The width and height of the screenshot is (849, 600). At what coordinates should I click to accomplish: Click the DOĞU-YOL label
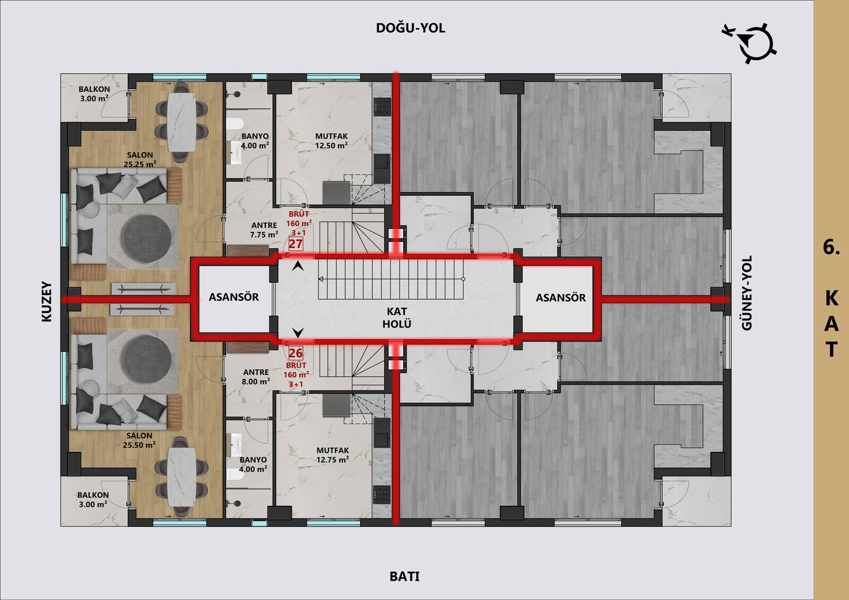point(411,28)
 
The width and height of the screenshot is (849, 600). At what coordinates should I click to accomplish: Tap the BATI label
point(404,577)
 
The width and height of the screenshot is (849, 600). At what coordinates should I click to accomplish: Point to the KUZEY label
point(46,301)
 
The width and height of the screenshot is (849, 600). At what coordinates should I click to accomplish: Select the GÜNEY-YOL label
point(747,293)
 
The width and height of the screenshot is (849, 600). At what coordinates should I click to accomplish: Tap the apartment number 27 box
point(296,244)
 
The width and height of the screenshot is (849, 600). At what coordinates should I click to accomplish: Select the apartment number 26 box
point(296,353)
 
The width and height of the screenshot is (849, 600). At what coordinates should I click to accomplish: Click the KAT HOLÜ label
point(397,318)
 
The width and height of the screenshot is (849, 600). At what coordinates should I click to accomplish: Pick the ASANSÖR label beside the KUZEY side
point(234,297)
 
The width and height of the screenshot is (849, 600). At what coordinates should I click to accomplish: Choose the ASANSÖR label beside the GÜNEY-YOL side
point(560,298)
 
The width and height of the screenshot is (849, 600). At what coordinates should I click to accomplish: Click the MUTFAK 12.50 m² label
point(331,141)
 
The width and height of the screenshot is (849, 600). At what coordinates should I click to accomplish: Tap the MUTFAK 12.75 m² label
point(332,455)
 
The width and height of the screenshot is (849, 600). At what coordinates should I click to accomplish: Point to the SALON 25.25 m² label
point(140,160)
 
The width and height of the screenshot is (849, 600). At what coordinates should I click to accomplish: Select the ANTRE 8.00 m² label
point(256,377)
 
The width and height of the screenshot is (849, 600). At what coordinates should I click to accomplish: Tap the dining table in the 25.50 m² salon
point(181,477)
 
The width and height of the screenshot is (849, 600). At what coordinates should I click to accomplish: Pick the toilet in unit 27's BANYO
point(235,124)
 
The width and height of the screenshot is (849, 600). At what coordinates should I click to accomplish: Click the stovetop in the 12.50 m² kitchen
point(382,107)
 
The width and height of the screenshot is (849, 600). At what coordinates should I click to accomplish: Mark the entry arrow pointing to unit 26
point(298,333)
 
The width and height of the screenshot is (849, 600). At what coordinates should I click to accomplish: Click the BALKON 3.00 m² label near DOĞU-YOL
point(94,93)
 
